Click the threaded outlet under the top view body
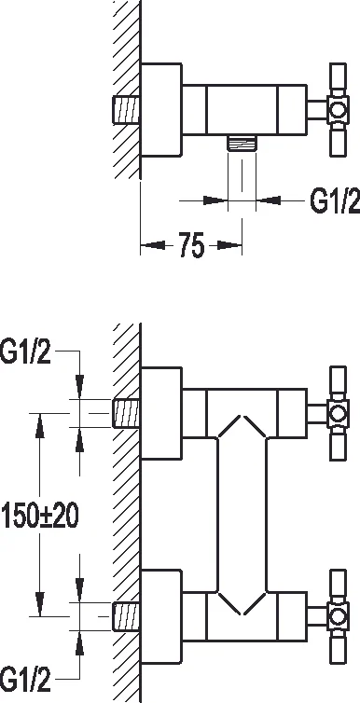245,142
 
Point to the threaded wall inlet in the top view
128,110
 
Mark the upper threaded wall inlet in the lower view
126,411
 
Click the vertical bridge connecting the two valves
245,514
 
